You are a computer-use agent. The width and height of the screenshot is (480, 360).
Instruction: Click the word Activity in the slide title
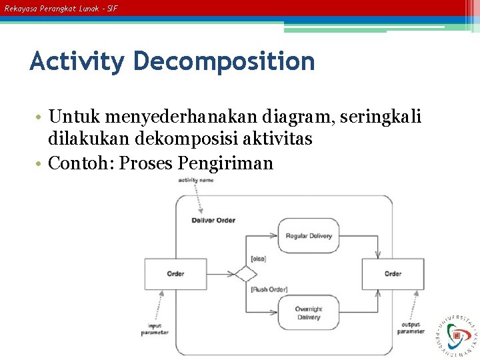pos(77,62)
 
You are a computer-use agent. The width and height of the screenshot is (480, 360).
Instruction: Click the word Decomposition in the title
pos(223,62)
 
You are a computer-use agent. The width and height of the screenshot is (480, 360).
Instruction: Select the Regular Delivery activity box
pos(309,236)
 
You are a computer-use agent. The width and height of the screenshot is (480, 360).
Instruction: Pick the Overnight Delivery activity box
pos(309,313)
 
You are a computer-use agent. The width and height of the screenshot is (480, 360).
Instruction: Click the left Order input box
pos(175,273)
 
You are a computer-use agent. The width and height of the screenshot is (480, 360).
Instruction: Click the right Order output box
pos(393,273)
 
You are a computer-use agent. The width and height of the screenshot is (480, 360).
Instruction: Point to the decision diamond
pos(245,273)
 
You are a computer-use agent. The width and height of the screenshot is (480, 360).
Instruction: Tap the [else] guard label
pos(258,258)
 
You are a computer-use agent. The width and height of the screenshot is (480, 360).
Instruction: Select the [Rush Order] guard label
pos(269,289)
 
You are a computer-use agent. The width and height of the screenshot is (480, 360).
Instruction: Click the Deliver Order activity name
pos(213,220)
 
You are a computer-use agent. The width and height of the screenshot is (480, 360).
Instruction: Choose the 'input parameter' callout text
pos(155,329)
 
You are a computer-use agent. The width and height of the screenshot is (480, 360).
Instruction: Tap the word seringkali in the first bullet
pos(381,118)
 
